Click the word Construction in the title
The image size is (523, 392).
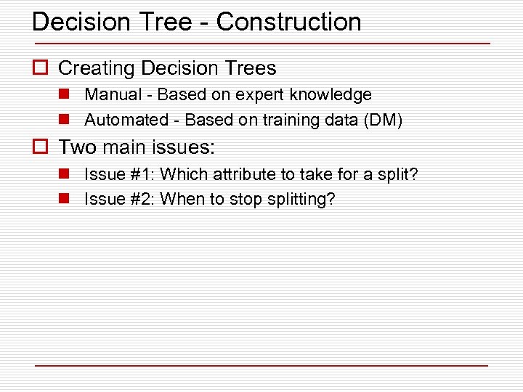click(288, 22)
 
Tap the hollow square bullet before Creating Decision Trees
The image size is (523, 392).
click(40, 68)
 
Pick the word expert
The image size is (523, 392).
click(261, 95)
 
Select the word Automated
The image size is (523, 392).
click(126, 120)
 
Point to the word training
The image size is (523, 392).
click(291, 120)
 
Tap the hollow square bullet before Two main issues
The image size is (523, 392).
click(40, 148)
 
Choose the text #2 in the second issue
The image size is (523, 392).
click(142, 199)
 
